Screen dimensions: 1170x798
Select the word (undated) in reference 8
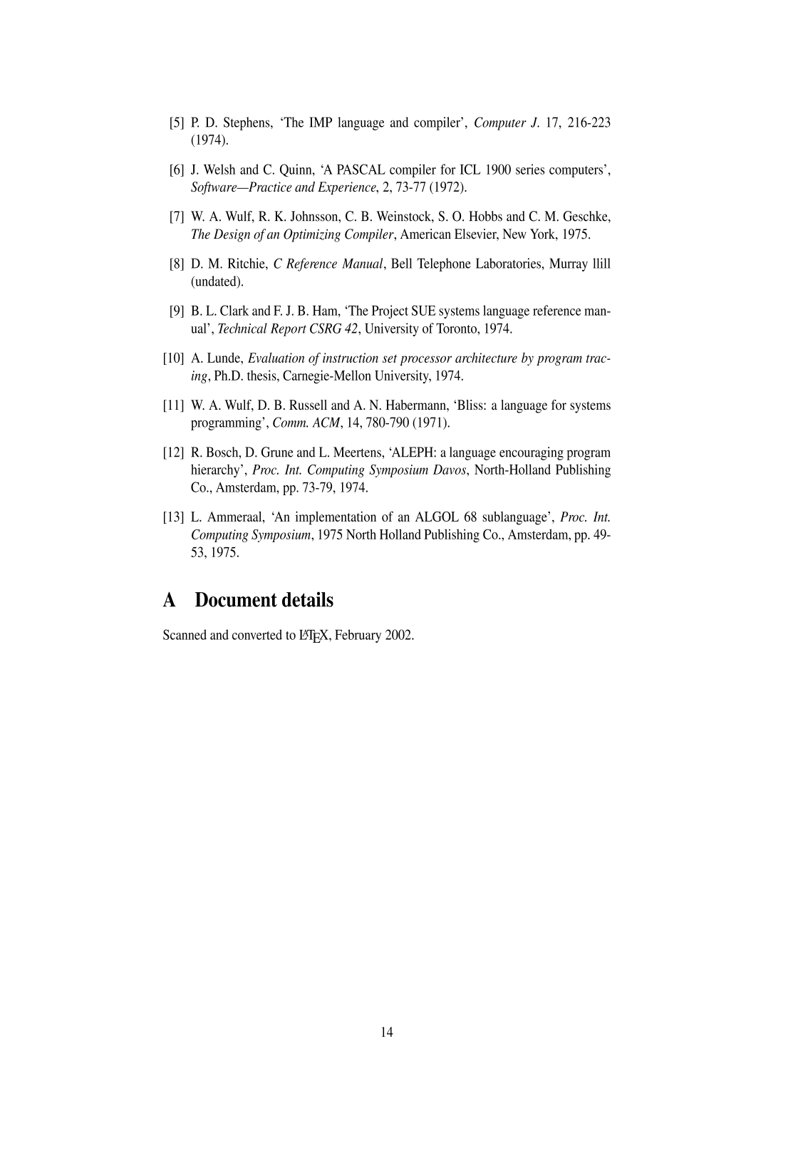[217, 282]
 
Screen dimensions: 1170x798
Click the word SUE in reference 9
[413, 311]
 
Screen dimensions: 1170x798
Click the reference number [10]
[174, 358]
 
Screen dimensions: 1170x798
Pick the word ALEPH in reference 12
[403, 453]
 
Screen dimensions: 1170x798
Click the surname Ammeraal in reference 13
[236, 518]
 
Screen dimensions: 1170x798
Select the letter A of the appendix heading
[170, 601]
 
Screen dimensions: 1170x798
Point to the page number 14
[387, 1032]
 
